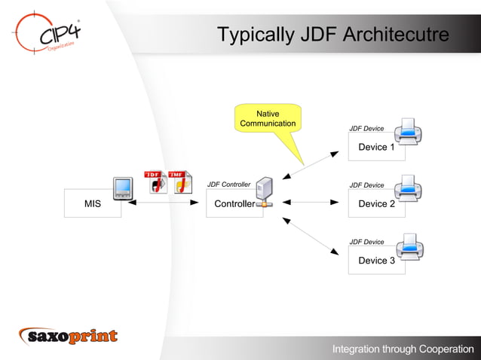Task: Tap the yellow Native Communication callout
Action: (268, 118)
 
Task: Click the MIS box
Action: (92, 204)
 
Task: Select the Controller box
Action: (234, 204)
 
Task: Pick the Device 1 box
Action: (376, 147)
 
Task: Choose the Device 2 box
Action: (376, 204)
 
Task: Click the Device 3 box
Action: (376, 261)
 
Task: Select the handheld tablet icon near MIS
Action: (123, 188)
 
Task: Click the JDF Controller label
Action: (228, 185)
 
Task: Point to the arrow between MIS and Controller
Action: (164, 203)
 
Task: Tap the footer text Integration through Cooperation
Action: (403, 349)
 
